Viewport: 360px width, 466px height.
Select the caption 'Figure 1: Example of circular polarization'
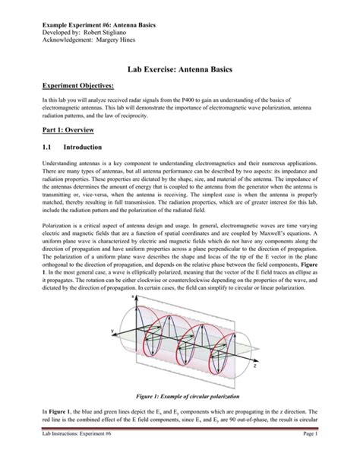[179, 418]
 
